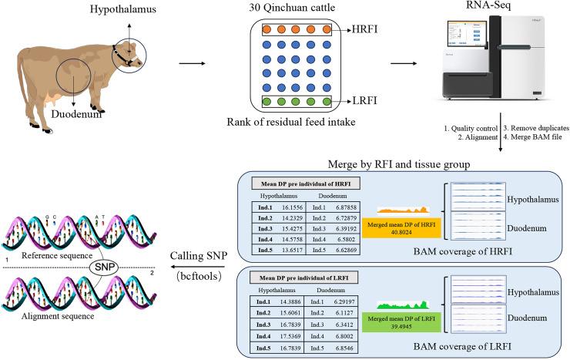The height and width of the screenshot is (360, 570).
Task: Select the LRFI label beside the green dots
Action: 354,100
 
